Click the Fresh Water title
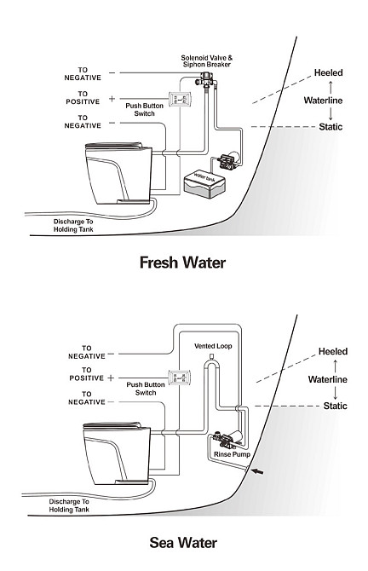183,262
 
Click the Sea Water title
183,543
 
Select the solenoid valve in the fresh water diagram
207,79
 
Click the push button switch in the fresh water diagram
180,99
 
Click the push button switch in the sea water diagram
180,377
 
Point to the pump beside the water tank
228,159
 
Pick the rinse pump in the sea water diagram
228,438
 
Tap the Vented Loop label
213,346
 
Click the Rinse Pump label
232,454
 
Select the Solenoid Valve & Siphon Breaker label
206,61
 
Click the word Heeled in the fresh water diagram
328,72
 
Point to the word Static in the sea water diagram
336,406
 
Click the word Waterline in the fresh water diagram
323,101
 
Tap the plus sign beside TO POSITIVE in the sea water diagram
111,378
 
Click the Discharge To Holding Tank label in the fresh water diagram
73,225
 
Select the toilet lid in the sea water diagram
112,425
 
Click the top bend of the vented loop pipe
210,361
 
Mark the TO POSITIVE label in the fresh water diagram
83,98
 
